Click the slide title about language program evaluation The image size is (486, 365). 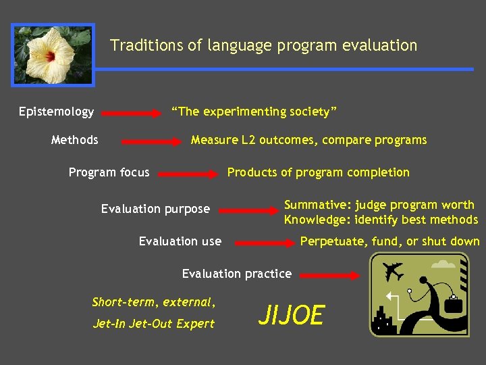point(263,45)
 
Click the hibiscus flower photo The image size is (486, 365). point(53,55)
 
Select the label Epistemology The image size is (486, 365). point(56,112)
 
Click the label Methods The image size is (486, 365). point(74,140)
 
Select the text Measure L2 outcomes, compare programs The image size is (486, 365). point(308,140)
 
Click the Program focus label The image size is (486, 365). point(109,172)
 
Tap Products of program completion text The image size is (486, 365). point(318,172)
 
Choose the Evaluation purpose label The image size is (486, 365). point(155,209)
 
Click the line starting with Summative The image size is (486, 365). point(379,205)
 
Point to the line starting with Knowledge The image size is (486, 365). point(381,220)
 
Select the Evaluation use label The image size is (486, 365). point(180,241)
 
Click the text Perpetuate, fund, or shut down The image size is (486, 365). point(389,241)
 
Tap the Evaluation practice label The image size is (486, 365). point(236,274)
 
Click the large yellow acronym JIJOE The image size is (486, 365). point(292,315)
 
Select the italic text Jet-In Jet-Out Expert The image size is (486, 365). point(153,323)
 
